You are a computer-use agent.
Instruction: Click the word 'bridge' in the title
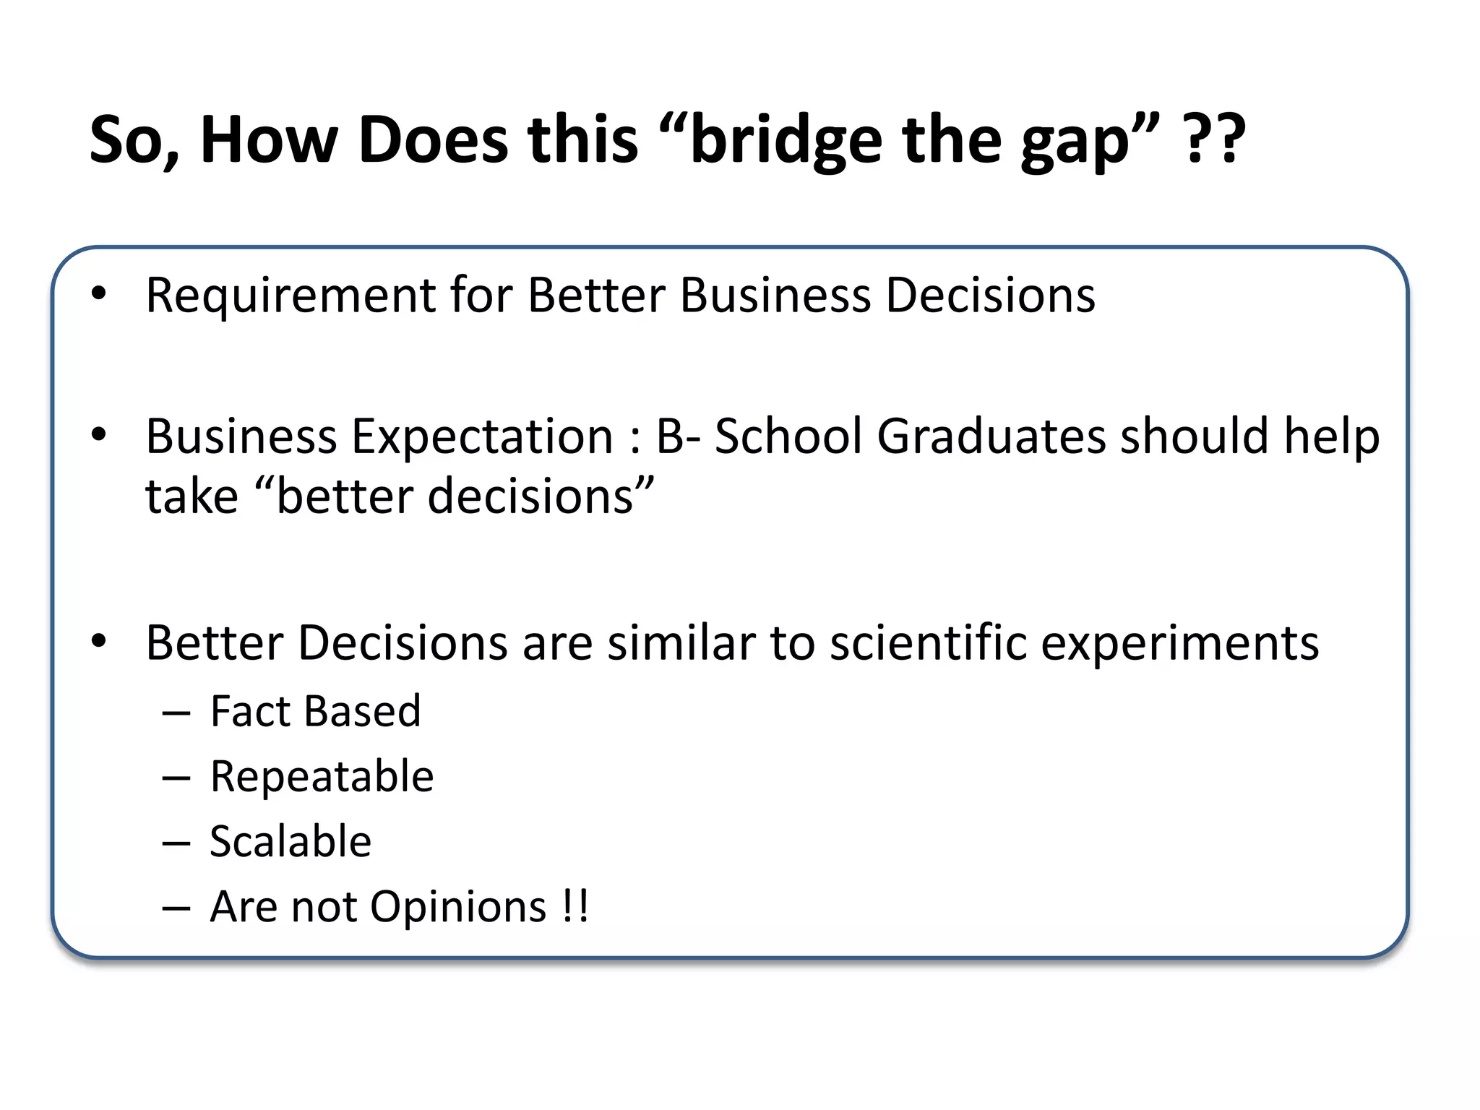coord(786,141)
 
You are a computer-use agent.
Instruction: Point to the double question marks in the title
coord(1214,139)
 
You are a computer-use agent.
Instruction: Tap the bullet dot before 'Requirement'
coord(99,294)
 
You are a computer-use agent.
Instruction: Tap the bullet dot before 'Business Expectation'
coord(99,434)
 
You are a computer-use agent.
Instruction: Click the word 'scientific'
coord(928,642)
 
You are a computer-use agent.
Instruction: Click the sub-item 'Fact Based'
coord(315,711)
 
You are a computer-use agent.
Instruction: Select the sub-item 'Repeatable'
coord(322,777)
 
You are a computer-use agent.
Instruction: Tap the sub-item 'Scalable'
coord(291,842)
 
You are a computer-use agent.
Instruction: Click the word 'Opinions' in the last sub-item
coord(458,908)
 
